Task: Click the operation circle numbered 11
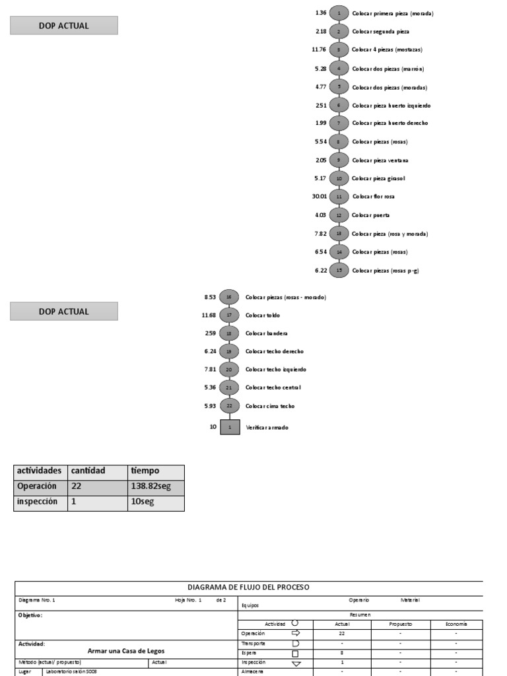coord(339,197)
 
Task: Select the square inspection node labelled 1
coord(230,427)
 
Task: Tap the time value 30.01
coord(320,197)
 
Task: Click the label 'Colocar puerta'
coord(370,215)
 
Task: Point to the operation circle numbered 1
coord(339,13)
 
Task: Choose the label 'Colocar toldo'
coord(259,316)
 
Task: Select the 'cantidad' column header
coord(88,471)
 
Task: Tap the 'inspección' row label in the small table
coord(38,502)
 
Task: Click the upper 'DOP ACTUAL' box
coord(64,26)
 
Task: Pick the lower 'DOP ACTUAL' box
coord(64,312)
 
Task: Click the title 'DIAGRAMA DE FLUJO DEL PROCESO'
coord(248,587)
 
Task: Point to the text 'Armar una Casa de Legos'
coord(126,650)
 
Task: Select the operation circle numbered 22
coord(229,406)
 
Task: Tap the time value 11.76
coord(319,50)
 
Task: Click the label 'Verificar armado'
coord(267,427)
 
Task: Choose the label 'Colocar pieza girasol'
coord(378,178)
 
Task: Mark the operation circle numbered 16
coord(229,297)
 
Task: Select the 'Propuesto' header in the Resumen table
coord(400,624)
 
